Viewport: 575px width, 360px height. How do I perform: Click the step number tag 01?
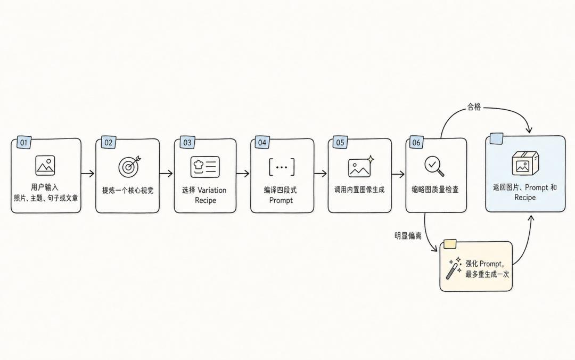click(24, 142)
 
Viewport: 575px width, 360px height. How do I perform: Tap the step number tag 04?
click(262, 142)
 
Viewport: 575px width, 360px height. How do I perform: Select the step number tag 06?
click(416, 142)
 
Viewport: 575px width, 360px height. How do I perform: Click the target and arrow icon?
click(129, 166)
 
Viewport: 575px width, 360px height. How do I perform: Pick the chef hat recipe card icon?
click(205, 167)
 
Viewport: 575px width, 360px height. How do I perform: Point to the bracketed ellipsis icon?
click(282, 167)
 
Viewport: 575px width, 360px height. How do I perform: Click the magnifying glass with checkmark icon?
click(434, 166)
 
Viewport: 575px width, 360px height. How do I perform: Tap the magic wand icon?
click(454, 268)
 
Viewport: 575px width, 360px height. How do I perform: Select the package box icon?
click(525, 163)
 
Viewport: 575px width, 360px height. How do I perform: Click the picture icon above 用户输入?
click(45, 165)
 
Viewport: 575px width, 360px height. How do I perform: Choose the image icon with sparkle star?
click(361, 166)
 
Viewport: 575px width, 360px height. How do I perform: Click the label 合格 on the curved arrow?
click(474, 107)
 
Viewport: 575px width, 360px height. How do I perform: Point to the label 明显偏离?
click(408, 236)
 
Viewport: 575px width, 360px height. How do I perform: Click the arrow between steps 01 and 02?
click(88, 173)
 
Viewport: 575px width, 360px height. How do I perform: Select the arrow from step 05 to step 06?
click(398, 174)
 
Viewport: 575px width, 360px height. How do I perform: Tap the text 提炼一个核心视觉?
click(128, 191)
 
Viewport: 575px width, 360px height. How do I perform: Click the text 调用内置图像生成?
click(359, 190)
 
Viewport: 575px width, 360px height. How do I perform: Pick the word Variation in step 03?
click(212, 190)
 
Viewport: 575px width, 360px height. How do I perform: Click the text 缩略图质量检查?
click(435, 190)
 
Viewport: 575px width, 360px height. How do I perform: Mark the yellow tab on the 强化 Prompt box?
click(450, 244)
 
